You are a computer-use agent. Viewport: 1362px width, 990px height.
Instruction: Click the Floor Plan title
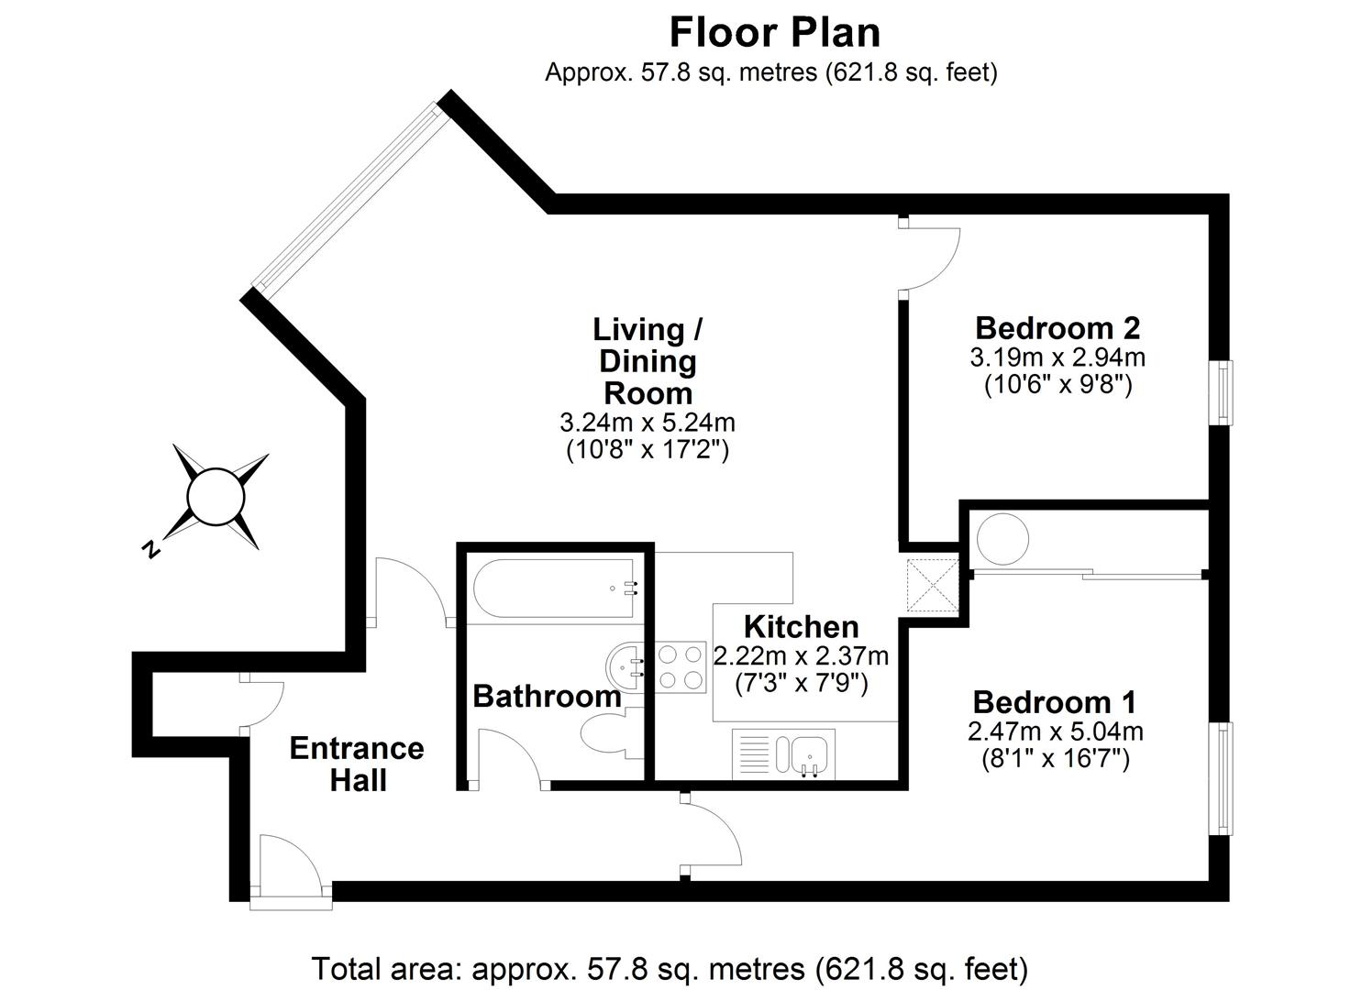[x=774, y=32]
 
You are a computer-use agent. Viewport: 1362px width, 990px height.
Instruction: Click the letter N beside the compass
[x=149, y=550]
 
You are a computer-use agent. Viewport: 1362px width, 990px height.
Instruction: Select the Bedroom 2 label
[x=1057, y=327]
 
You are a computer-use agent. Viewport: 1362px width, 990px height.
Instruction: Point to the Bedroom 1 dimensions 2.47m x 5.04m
[x=1055, y=731]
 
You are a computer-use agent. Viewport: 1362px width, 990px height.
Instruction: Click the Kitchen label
[x=801, y=627]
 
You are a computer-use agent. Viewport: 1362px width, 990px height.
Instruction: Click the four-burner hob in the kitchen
[x=680, y=667]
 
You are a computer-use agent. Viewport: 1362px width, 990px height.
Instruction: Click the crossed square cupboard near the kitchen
[x=931, y=585]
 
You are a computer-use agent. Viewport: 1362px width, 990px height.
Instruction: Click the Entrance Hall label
[x=357, y=764]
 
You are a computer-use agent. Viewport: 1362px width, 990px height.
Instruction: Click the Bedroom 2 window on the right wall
[x=1224, y=392]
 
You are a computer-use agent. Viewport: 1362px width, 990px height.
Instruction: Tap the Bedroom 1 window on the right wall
[x=1224, y=778]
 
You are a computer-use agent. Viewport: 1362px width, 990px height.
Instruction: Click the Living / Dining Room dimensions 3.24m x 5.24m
[x=647, y=423]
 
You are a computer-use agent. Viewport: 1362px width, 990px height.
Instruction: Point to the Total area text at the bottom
[x=670, y=967]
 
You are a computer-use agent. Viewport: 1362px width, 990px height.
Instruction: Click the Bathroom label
[x=547, y=696]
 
